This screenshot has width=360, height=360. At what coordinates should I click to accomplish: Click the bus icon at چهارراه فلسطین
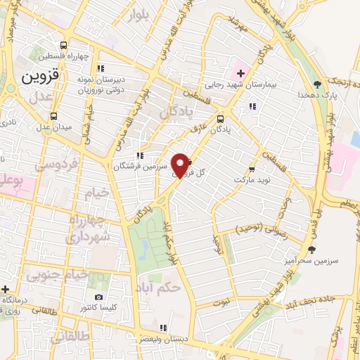click(64, 44)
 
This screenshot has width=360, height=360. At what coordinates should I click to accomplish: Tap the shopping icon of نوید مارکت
click(251, 171)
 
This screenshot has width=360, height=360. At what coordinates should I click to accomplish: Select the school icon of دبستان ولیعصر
click(163, 328)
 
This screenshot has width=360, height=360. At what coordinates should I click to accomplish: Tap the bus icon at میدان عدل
click(54, 115)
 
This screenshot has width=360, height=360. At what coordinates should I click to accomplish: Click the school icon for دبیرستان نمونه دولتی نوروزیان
click(101, 68)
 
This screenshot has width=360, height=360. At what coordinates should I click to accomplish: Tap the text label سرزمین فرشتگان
click(146, 167)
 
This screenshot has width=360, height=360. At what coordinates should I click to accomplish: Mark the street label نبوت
click(223, 302)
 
